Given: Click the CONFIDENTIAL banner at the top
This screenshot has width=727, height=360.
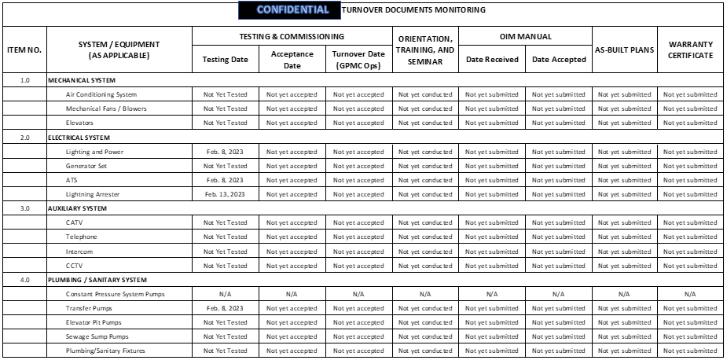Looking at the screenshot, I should [x=292, y=10].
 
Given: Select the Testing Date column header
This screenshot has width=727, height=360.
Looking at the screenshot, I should [x=225, y=59].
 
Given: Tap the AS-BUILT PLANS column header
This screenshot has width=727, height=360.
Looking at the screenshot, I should [x=624, y=50].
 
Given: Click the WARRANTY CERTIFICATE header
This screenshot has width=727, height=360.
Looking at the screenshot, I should [x=690, y=50].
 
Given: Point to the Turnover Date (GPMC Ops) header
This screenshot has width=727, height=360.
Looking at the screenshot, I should [x=358, y=59].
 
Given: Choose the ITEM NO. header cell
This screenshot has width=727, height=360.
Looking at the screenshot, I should [x=24, y=50].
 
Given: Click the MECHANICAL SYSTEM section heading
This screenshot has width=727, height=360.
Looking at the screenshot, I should [x=82, y=80].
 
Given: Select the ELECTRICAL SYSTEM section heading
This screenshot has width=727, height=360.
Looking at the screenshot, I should [x=79, y=138].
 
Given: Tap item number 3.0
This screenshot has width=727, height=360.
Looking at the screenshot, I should [x=24, y=208].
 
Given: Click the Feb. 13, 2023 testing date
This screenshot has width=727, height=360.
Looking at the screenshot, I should [x=225, y=194].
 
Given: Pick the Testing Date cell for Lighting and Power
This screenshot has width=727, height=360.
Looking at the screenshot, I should [x=225, y=152].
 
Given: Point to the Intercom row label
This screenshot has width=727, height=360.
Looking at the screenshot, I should [x=79, y=252].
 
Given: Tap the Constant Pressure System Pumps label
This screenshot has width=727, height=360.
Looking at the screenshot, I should [x=116, y=294].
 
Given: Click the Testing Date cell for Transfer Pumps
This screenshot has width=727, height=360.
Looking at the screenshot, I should [x=225, y=308].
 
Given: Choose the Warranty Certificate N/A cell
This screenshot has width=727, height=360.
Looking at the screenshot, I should [x=690, y=294].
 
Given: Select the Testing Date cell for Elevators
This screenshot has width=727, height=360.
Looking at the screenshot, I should [x=225, y=123].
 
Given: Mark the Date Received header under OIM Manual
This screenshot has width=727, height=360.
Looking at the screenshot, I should [x=491, y=59].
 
